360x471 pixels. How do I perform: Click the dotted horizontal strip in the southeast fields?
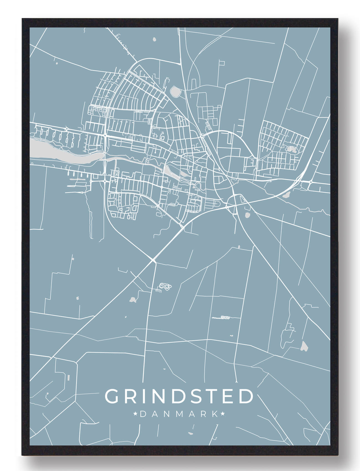tap(221, 317)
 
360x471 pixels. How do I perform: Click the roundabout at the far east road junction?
tap(311, 182)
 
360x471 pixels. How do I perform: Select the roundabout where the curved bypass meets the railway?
tap(202, 136)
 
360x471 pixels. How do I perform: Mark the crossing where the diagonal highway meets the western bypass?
tap(153, 260)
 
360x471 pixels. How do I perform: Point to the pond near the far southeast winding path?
tap(304, 345)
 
